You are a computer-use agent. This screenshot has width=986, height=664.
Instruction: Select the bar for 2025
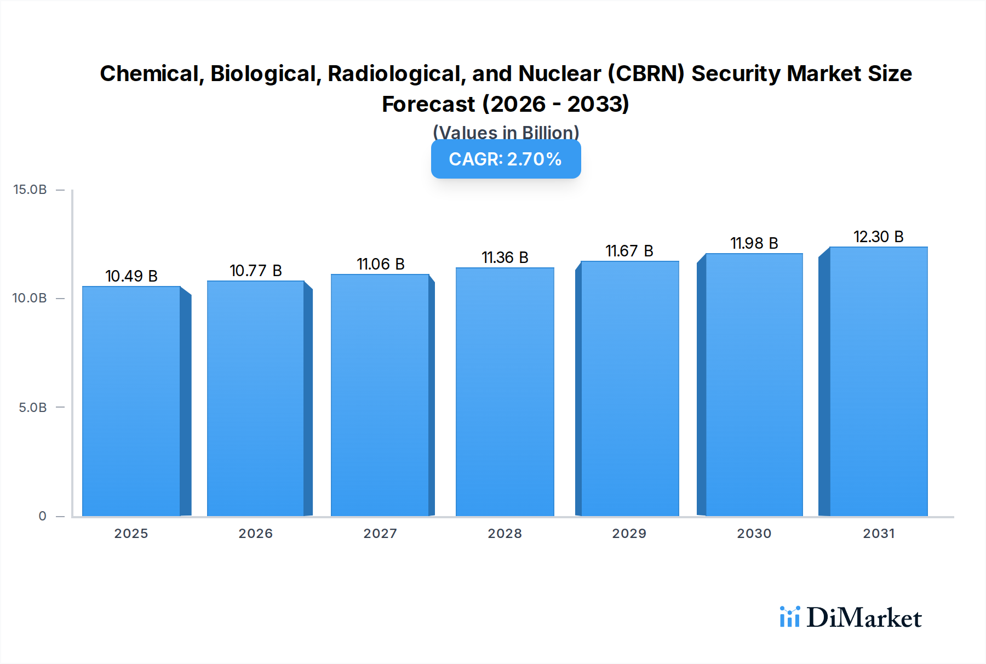pyautogui.click(x=131, y=401)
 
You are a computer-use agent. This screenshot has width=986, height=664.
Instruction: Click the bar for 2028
pyautogui.click(x=505, y=392)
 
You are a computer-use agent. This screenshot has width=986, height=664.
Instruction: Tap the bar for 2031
pyautogui.click(x=879, y=381)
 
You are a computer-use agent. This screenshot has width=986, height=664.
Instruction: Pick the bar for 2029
pyautogui.click(x=629, y=388)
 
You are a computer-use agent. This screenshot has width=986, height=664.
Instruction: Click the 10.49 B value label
pyautogui.click(x=131, y=276)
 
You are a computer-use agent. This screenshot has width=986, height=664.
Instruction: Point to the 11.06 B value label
pyautogui.click(x=381, y=264)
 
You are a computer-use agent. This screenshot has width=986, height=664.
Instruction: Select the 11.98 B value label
pyautogui.click(x=754, y=243)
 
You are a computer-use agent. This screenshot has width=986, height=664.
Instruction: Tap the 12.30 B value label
pyautogui.click(x=879, y=237)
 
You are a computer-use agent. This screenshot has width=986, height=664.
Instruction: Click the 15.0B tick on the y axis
pyautogui.click(x=30, y=190)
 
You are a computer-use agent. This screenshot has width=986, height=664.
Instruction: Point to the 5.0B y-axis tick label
pyautogui.click(x=33, y=408)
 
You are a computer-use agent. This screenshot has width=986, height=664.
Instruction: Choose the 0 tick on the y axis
pyautogui.click(x=42, y=516)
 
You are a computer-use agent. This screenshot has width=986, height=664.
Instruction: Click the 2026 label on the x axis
pyautogui.click(x=256, y=534)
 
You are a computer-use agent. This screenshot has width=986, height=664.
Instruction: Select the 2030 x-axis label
pyautogui.click(x=754, y=534)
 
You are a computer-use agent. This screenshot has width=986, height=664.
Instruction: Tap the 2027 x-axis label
pyautogui.click(x=381, y=534)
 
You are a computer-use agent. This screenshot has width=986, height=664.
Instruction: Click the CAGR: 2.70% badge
pyautogui.click(x=506, y=159)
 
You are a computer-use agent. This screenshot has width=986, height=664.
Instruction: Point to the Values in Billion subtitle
pyautogui.click(x=506, y=133)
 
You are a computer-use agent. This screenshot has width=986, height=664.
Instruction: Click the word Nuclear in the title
pyautogui.click(x=560, y=73)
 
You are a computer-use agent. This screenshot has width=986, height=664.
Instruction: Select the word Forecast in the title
pyautogui.click(x=428, y=104)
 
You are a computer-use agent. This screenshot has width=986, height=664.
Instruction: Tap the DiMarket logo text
pyautogui.click(x=864, y=618)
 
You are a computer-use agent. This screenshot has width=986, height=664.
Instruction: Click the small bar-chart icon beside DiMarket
pyautogui.click(x=790, y=617)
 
